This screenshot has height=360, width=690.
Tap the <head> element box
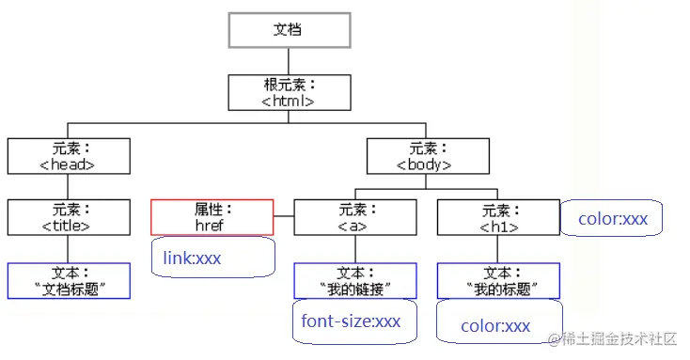(68, 156)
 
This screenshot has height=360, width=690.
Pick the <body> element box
(427, 156)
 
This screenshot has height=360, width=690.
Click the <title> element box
(68, 217)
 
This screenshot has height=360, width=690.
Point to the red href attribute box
(212, 217)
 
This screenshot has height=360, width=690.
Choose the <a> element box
(355, 217)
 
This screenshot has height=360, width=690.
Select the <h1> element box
(498, 217)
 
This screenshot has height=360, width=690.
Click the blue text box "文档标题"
(69, 280)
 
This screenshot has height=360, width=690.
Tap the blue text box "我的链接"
(355, 280)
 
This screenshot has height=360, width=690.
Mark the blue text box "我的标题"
(498, 280)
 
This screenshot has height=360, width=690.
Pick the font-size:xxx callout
(352, 321)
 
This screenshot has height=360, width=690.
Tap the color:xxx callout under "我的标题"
(498, 325)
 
